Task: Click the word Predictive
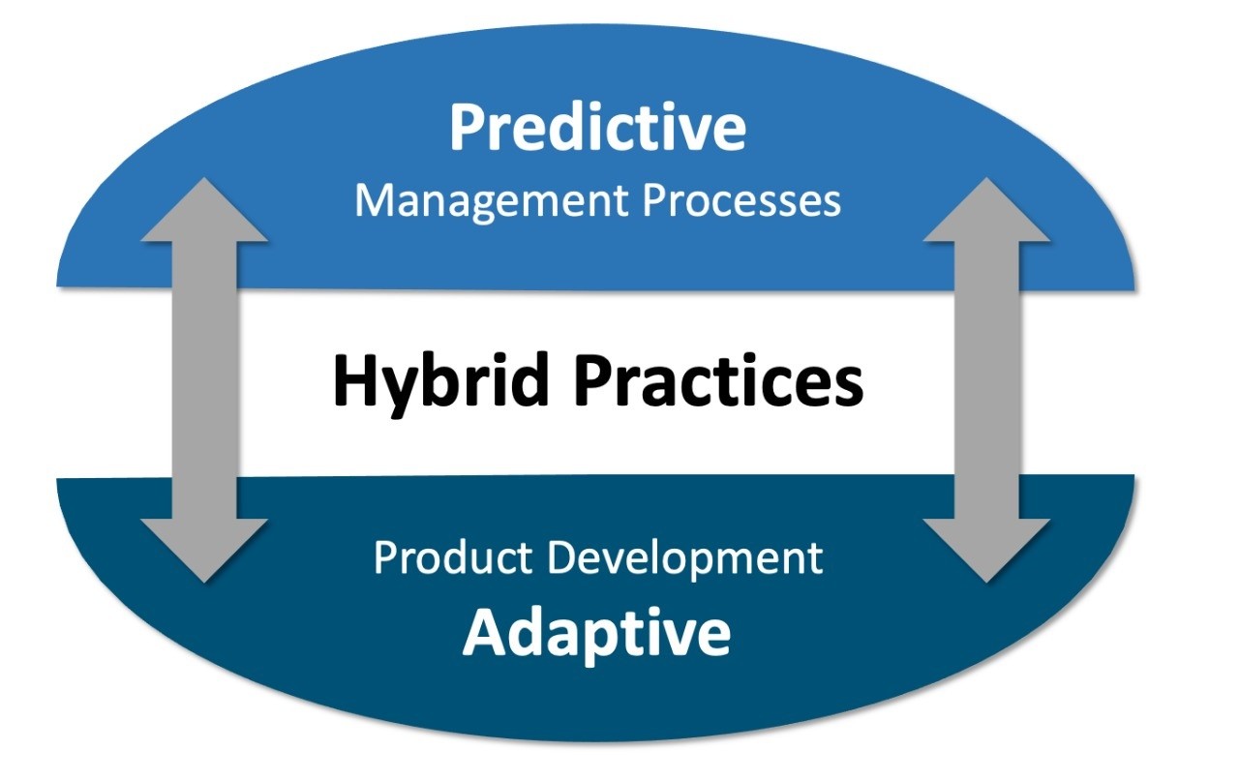click(x=598, y=127)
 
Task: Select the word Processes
click(x=741, y=199)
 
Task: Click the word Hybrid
click(x=440, y=382)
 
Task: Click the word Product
click(x=453, y=557)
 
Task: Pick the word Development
click(x=684, y=559)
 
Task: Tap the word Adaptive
click(x=596, y=635)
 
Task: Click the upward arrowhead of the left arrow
click(x=204, y=210)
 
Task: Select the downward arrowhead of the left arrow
click(x=204, y=551)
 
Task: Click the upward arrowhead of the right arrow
click(x=986, y=210)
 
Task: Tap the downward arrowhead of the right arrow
click(x=986, y=551)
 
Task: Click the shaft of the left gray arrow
click(x=204, y=380)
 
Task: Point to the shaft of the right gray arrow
click(x=986, y=380)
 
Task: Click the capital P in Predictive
click(x=470, y=127)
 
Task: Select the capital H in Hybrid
click(x=355, y=381)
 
